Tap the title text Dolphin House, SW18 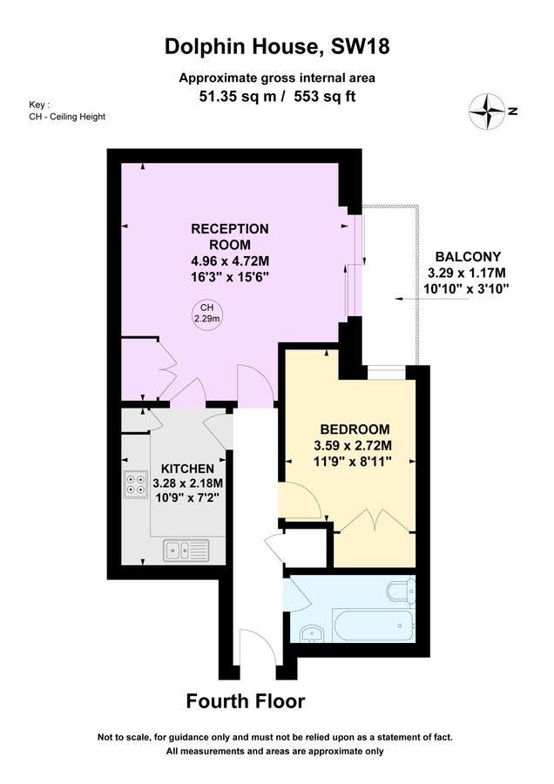(277, 47)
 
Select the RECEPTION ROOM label (230, 236)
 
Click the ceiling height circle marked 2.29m (207, 314)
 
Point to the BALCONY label (468, 256)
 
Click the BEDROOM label (355, 429)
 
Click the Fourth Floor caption (247, 701)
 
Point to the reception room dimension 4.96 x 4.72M (230, 260)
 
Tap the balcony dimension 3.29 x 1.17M (468, 273)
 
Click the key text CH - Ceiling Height (67, 117)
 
